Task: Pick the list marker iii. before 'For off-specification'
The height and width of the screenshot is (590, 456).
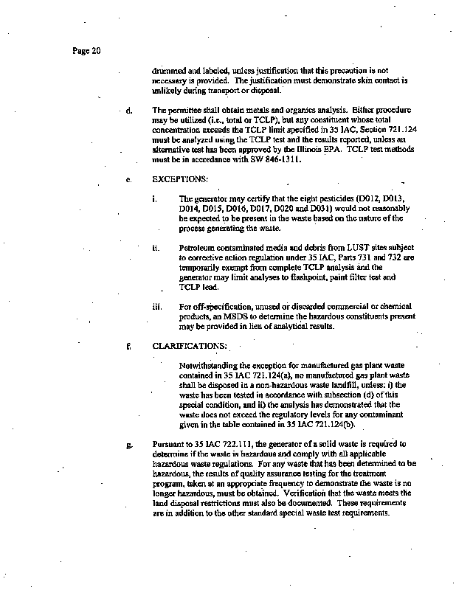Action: [x=156, y=305]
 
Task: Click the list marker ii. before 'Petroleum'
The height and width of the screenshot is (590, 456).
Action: [x=155, y=248]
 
